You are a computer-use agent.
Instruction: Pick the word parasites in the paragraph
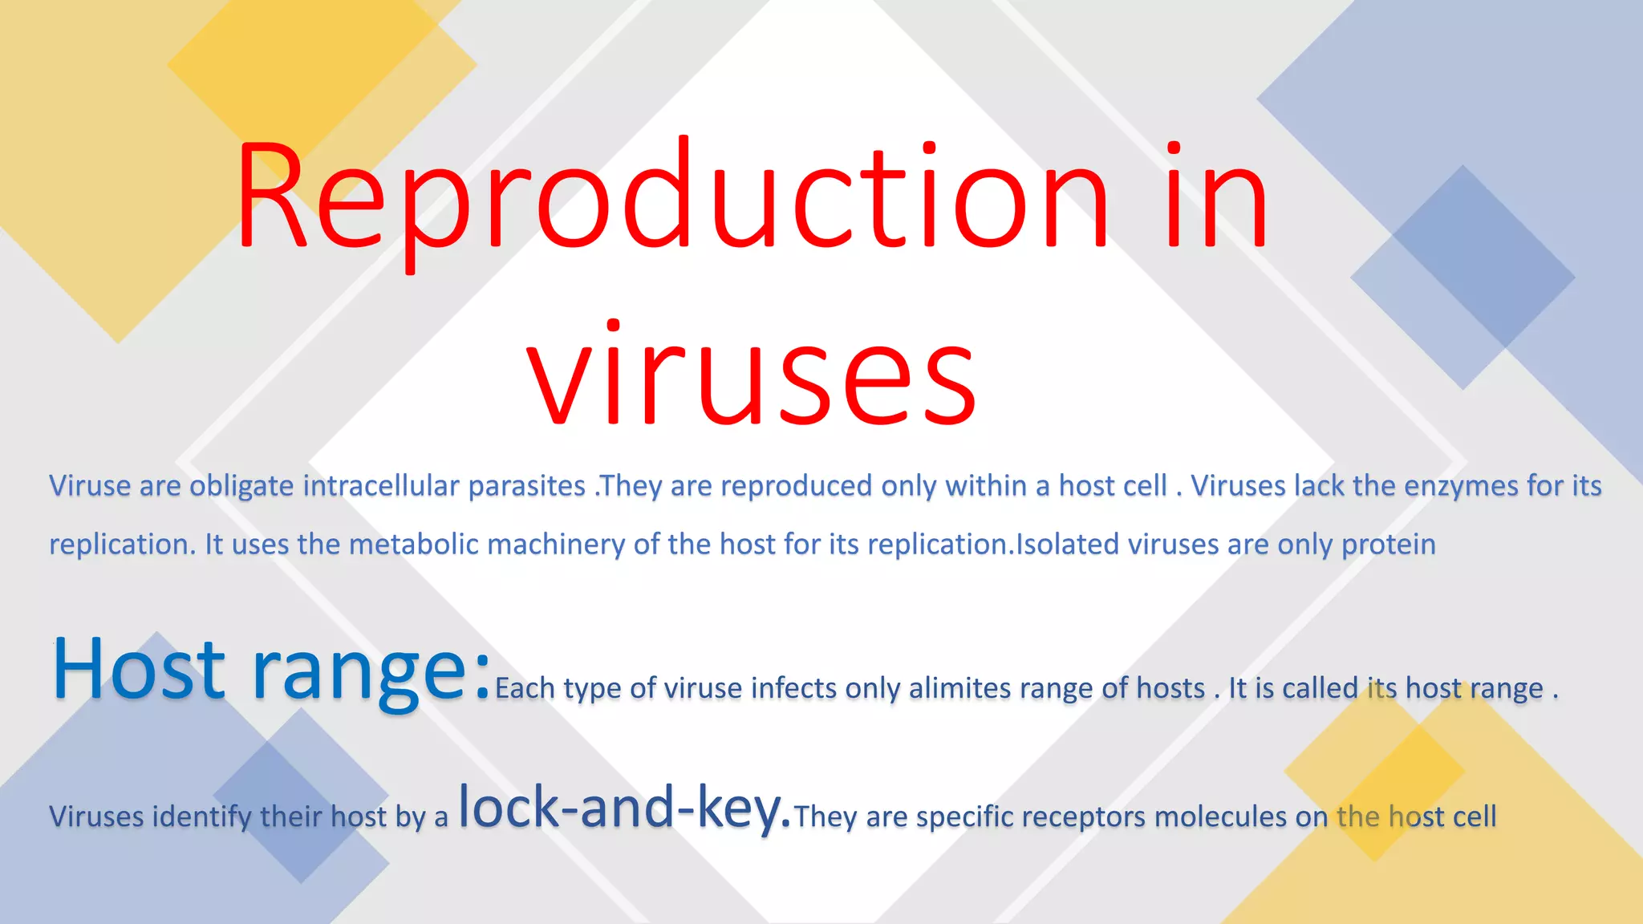tap(526, 486)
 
